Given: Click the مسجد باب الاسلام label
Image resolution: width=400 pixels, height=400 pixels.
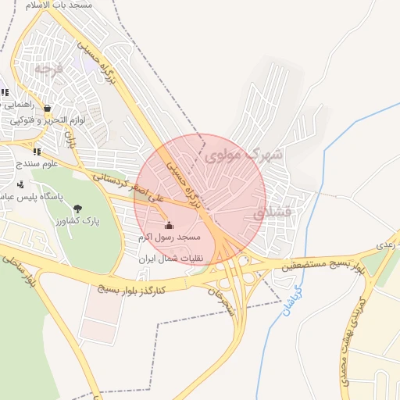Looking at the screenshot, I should tap(58, 5).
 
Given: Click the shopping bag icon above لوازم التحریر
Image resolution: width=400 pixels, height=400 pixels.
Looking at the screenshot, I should tap(48, 109).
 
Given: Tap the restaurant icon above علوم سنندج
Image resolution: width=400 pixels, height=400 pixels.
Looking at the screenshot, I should tap(37, 151).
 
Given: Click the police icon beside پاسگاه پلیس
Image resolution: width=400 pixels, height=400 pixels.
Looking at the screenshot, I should tap(20, 185).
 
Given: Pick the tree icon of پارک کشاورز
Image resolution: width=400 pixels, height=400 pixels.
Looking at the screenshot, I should tap(77, 209).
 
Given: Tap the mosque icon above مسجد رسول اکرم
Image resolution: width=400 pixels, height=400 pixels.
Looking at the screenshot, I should tap(170, 225).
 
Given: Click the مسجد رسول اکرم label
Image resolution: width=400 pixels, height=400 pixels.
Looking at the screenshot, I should tap(170, 236).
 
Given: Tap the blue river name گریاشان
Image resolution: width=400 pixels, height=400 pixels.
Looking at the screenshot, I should tap(291, 300).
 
